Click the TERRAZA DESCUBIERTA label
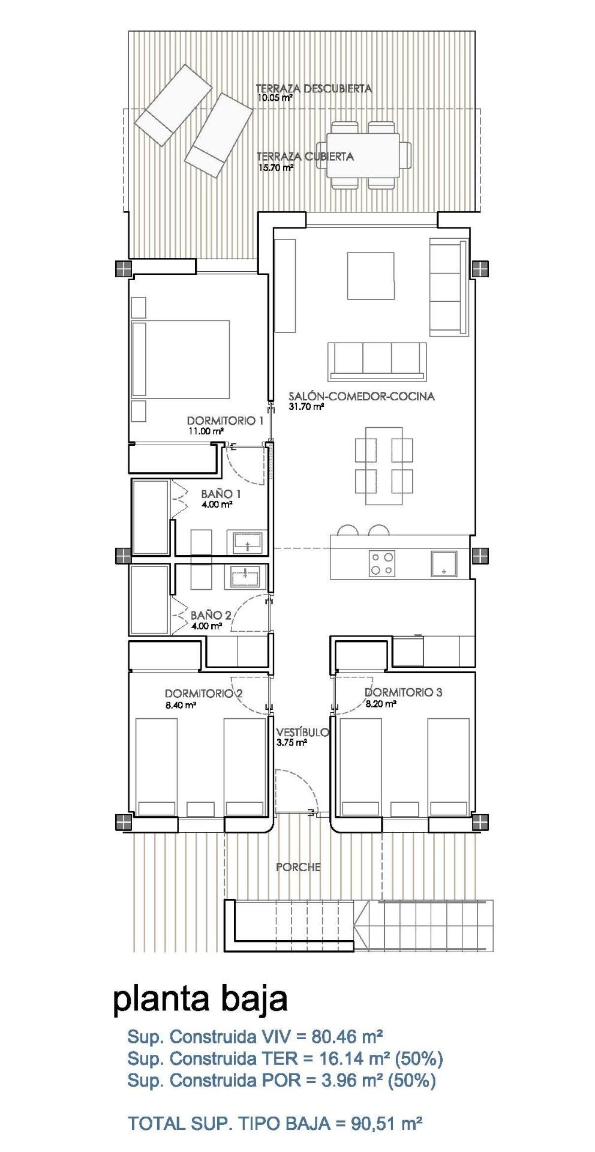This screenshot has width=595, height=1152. coord(313,88)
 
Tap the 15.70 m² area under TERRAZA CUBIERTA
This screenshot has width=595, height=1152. coord(275,168)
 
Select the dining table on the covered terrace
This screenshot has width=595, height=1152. coord(363,155)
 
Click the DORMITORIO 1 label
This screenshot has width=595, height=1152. coord(225,421)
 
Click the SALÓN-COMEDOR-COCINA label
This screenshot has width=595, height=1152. coord(361,396)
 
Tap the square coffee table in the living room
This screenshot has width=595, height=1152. coord(371,275)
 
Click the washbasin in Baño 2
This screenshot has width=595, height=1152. coord(245,577)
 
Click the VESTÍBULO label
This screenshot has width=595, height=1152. coord(302,732)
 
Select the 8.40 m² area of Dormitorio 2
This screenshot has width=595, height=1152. coord(181,706)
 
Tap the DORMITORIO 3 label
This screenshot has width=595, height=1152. coord(403,692)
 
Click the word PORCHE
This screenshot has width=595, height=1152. coord(298,866)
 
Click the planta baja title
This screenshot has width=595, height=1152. coord(200,999)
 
